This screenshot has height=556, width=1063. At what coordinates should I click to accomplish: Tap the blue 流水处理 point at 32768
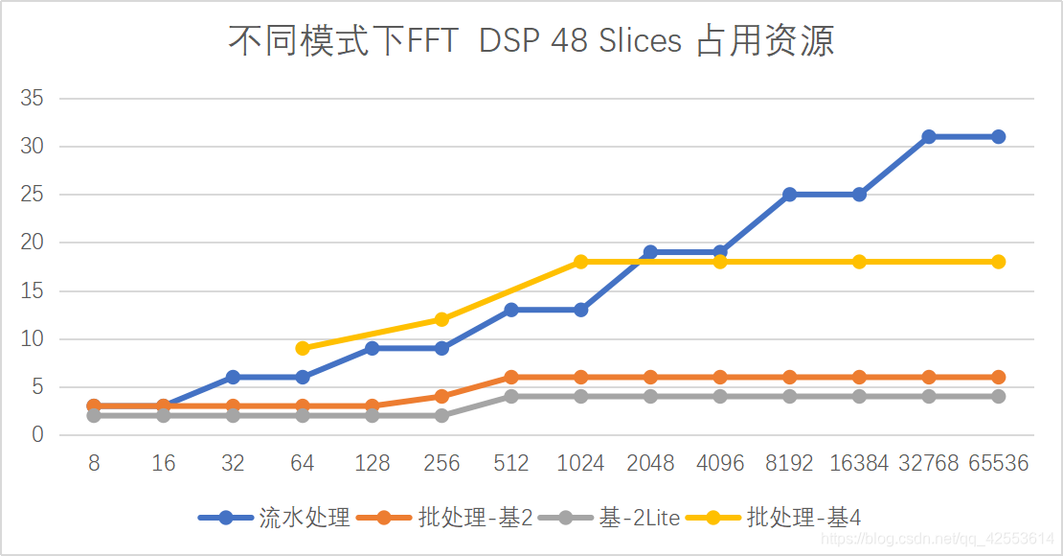(929, 137)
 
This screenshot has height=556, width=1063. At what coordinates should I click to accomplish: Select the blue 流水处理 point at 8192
(790, 195)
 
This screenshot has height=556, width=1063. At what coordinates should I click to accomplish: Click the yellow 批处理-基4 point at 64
(303, 348)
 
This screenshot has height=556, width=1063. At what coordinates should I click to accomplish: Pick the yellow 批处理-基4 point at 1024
(581, 262)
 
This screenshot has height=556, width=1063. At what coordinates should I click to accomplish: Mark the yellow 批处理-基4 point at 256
(441, 319)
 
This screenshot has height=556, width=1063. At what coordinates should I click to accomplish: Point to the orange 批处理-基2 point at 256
(441, 396)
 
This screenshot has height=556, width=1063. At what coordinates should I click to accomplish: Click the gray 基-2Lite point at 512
(511, 396)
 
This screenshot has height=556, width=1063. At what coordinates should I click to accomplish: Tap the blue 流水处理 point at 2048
(650, 252)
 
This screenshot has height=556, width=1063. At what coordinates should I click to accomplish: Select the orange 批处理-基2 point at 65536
(998, 377)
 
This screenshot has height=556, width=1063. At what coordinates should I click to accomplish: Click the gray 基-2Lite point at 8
(94, 415)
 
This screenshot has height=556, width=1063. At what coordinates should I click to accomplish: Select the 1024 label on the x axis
(581, 464)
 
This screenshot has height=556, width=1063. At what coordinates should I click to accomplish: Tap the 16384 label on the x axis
(859, 464)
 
